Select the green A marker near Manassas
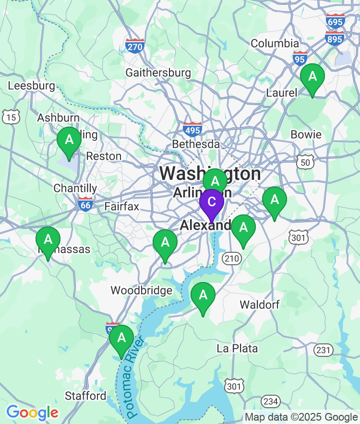pos(48,239)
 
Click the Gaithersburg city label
pos(158,73)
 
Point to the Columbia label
pos(275,43)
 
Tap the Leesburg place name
pos(32,86)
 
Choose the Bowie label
pos(306,134)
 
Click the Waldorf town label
pos(259,305)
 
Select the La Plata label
pos(237,348)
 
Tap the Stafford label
pos(85,396)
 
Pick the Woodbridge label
pos(141,290)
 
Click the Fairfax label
pos(121,207)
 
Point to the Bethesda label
pos(196,144)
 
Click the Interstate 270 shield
pos(135,46)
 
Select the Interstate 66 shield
pos(85,204)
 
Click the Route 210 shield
pos(231,259)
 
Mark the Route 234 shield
pos(271,401)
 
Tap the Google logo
pos(32,412)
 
